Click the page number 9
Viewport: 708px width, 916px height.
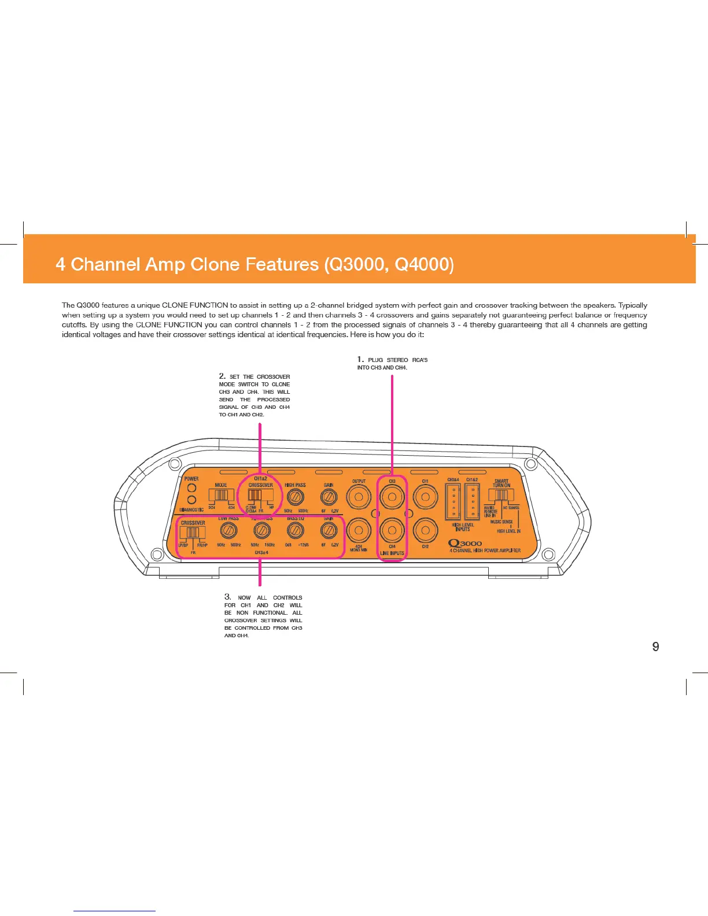[x=655, y=647]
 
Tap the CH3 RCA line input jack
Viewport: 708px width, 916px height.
[x=392, y=497]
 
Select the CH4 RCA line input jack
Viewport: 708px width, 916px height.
[x=392, y=530]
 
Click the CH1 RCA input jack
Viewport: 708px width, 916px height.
[x=425, y=497]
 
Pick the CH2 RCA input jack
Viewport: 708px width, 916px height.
[x=425, y=530]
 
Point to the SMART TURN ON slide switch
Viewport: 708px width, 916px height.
[x=501, y=496]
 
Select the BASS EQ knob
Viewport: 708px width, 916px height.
[x=296, y=530]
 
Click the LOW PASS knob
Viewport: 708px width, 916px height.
[x=229, y=530]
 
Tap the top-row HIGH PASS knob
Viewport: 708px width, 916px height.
[x=296, y=497]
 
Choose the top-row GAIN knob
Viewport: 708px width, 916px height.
[x=329, y=497]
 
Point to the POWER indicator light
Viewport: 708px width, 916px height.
[x=191, y=487]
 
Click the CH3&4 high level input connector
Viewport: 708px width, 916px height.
[x=453, y=501]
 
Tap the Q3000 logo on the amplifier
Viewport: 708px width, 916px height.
[x=466, y=543]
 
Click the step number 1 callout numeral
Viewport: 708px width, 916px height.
[x=360, y=360]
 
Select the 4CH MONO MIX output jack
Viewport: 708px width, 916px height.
[x=359, y=530]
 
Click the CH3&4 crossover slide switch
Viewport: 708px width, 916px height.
[x=193, y=533]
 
